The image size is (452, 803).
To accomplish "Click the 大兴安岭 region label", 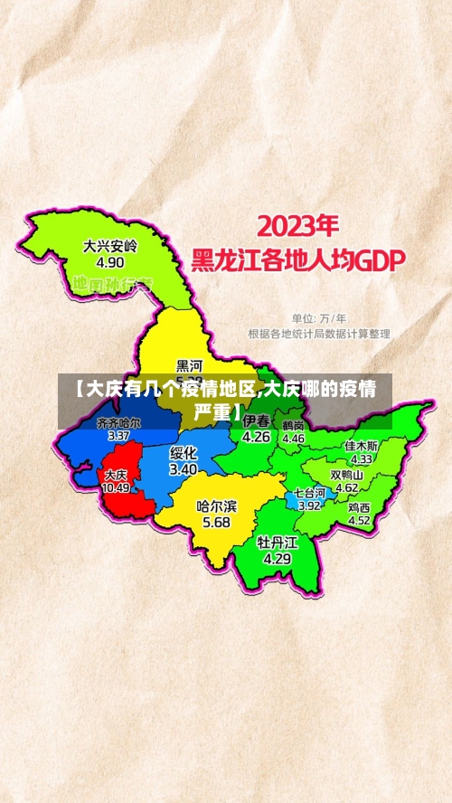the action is [110, 245].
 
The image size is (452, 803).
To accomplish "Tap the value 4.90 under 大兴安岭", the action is [109, 262].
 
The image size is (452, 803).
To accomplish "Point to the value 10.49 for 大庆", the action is [116, 487].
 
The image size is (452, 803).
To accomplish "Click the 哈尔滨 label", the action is [216, 506].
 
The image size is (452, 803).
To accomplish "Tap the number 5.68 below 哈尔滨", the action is [216, 523].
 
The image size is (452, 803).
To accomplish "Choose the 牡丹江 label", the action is [277, 543].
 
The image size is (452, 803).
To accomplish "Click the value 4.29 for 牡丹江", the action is [277, 559].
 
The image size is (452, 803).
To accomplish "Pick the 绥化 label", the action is [184, 452].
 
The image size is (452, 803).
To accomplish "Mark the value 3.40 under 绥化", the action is [184, 469].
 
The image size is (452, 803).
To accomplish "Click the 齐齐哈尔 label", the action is [118, 422].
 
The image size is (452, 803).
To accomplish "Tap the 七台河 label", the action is [309, 493].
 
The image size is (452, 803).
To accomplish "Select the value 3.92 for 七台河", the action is [309, 505].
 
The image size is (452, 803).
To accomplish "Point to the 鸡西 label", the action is [359, 508].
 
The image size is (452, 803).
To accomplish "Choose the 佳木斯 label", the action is [362, 446].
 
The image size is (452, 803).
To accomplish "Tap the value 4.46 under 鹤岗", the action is [294, 438].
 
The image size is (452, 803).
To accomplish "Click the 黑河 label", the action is [190, 365].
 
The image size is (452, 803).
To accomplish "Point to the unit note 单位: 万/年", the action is [318, 318].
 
